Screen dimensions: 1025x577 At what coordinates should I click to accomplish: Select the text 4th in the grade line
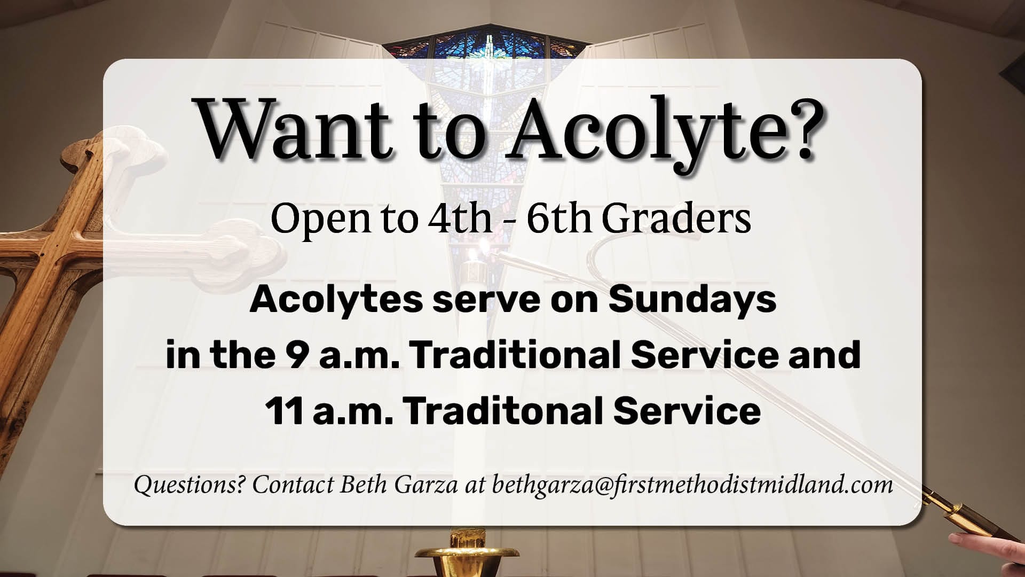pyautogui.click(x=460, y=219)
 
